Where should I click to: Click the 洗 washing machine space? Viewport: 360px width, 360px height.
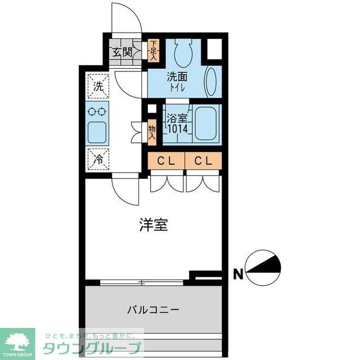pyautogui.click(x=98, y=87)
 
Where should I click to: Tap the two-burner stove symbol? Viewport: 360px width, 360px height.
pyautogui.click(x=98, y=111)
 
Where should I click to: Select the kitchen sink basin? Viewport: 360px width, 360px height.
pyautogui.click(x=98, y=132)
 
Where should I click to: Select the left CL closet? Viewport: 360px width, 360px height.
pyautogui.click(x=166, y=161)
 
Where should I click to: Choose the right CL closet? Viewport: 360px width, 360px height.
pyautogui.click(x=203, y=161)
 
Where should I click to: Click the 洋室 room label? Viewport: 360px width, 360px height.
pyautogui.click(x=153, y=225)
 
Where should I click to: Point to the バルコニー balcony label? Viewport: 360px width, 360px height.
pyautogui.click(x=153, y=309)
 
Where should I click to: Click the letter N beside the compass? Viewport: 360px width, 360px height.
pyautogui.click(x=238, y=275)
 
